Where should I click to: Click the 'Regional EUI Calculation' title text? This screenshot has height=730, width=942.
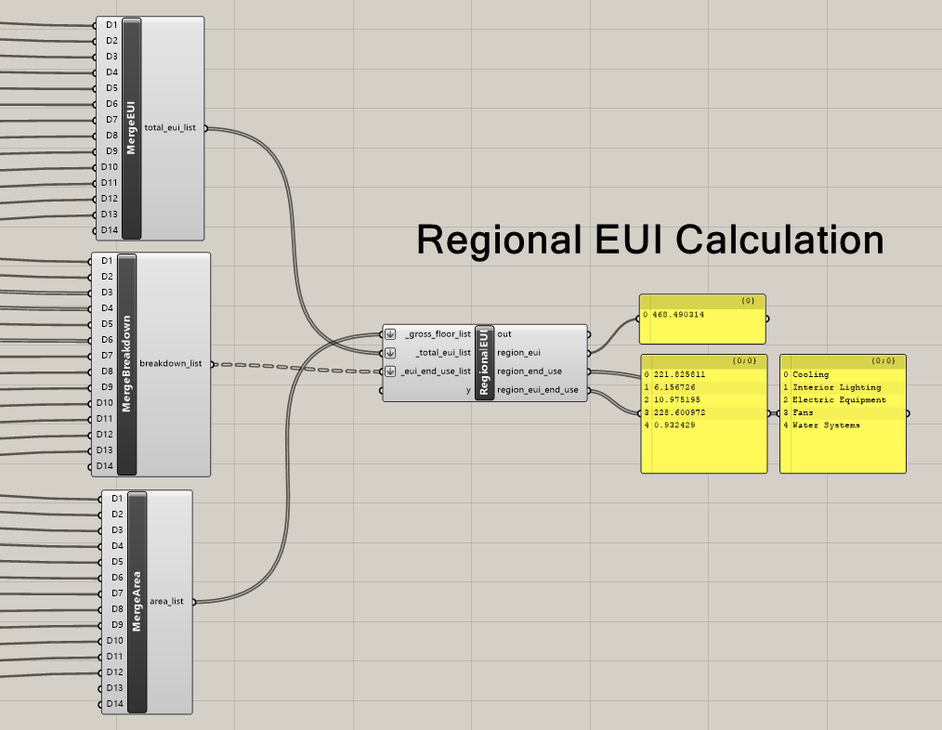coord(649,240)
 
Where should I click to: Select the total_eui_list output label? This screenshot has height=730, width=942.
coord(170,128)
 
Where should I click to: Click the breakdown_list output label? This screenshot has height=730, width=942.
coord(170,364)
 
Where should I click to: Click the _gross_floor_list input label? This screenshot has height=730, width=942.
coord(438,334)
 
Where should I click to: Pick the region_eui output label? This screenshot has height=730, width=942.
coord(519,353)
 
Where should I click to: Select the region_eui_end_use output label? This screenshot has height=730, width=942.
coord(537,390)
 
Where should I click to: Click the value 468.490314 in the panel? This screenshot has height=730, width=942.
coord(677,315)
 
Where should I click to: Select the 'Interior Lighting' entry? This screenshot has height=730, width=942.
coord(836,387)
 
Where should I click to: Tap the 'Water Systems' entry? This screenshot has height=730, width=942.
coord(826,425)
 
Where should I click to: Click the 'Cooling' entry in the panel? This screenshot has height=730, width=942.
coord(810,375)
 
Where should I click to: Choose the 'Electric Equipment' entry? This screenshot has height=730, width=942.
coord(839,400)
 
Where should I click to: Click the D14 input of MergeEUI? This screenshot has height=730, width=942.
coord(111,229)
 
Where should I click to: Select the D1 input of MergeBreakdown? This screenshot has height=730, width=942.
coord(106,261)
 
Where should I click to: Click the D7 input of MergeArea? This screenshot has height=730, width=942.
coord(116,593)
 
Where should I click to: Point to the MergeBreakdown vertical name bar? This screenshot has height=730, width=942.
coord(127,364)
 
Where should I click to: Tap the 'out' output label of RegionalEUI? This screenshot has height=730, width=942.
coord(504,334)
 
